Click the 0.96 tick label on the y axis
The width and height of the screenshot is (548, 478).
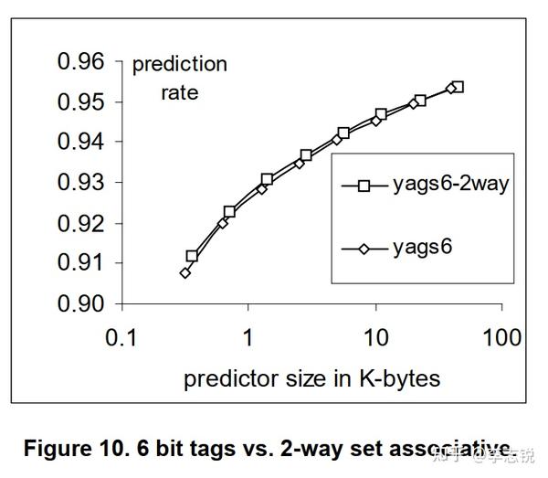[81, 62]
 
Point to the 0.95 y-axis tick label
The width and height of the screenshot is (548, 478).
[81, 102]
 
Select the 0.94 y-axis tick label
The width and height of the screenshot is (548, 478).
[81, 143]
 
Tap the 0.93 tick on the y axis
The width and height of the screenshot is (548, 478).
[81, 183]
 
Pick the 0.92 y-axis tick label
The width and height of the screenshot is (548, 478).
[81, 223]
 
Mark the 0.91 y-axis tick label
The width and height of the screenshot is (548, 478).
[81, 263]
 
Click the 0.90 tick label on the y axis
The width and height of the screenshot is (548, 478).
[81, 303]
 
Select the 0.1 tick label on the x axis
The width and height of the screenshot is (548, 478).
[121, 338]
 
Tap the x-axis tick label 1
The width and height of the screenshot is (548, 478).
[248, 338]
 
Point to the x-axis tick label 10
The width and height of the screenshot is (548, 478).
[374, 338]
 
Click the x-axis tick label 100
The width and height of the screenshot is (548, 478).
[501, 338]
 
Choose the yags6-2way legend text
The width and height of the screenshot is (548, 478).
[450, 184]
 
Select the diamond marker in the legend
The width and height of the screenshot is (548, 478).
[364, 248]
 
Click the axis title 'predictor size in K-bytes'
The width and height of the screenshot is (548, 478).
[311, 378]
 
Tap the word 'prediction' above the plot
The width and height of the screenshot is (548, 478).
[179, 65]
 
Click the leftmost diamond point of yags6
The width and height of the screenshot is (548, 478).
[185, 272]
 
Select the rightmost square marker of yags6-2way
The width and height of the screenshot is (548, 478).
[458, 87]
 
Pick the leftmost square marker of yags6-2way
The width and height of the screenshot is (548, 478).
[192, 257]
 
